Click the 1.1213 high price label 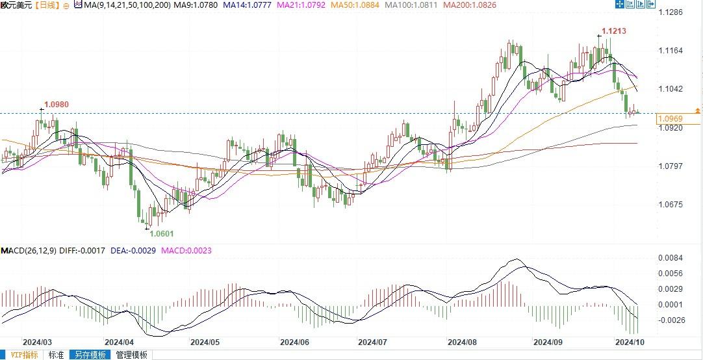click(x=613, y=31)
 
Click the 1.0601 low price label click(x=162, y=233)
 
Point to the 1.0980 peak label click(x=56, y=104)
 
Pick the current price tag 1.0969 click(x=669, y=119)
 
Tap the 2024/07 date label click(x=372, y=341)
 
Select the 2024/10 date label click(x=629, y=341)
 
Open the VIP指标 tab click(x=21, y=355)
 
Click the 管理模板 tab click(x=131, y=355)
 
